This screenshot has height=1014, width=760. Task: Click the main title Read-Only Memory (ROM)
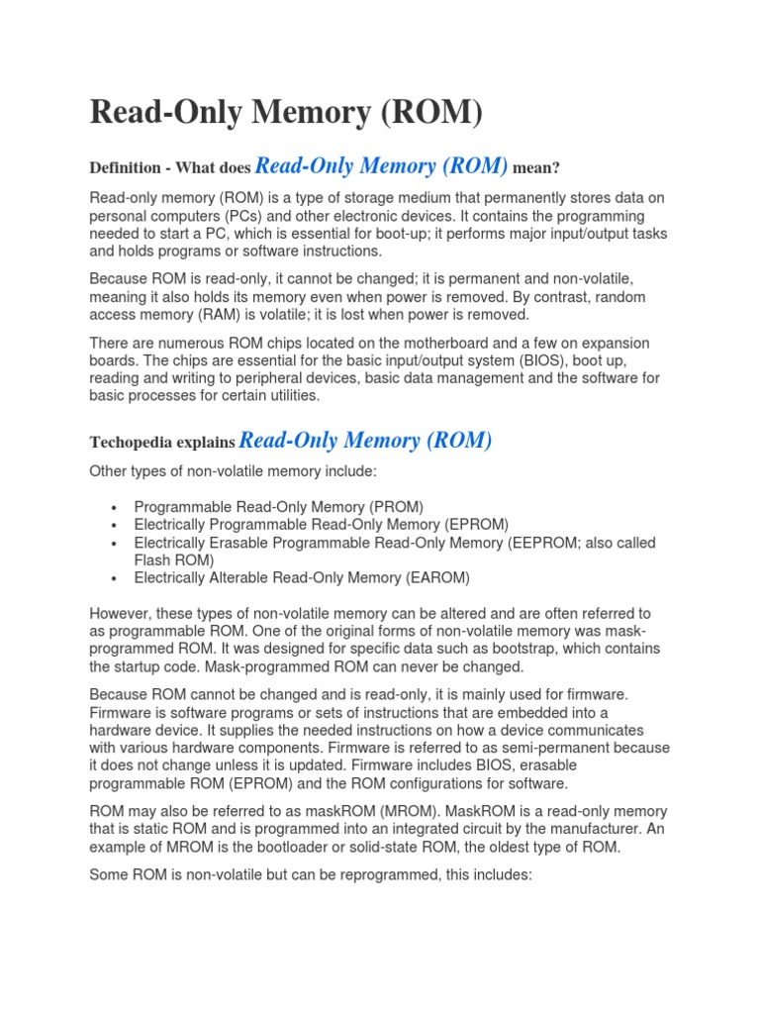(x=286, y=113)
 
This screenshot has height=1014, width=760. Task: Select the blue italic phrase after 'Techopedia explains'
(x=365, y=440)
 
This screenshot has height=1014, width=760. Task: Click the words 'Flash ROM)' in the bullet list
(x=173, y=559)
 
